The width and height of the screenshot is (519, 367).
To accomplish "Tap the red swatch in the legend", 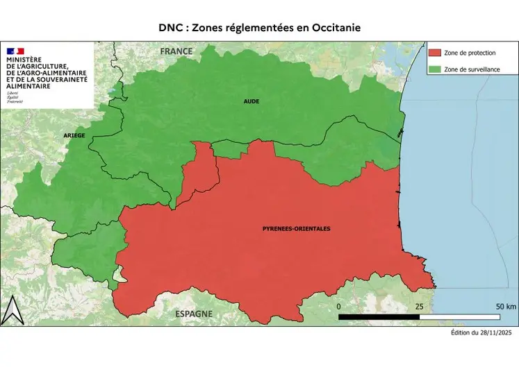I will coord(436,53).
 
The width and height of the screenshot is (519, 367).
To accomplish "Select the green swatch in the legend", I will coord(436,69).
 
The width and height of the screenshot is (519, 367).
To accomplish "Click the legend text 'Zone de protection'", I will coord(469,53).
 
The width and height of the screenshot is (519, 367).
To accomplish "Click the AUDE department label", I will coord(251,101).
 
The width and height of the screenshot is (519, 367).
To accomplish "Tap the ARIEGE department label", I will coord(74,135).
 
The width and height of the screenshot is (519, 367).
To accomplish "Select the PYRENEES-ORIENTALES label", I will coord(296,229).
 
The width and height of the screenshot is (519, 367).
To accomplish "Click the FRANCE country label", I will coord(176,52).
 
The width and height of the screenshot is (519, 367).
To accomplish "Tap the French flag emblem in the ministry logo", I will coord(15,51).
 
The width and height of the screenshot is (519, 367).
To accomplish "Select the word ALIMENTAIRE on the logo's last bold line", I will coord(28,87).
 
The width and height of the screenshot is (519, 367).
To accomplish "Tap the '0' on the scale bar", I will coord(339,306).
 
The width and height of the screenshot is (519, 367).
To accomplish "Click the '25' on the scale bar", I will coord(420,306).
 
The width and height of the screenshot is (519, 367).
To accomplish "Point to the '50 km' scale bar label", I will coord(505,306).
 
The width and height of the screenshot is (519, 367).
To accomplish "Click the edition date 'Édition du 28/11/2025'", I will coord(481,333).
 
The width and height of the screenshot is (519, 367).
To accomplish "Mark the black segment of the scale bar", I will coord(379,316).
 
